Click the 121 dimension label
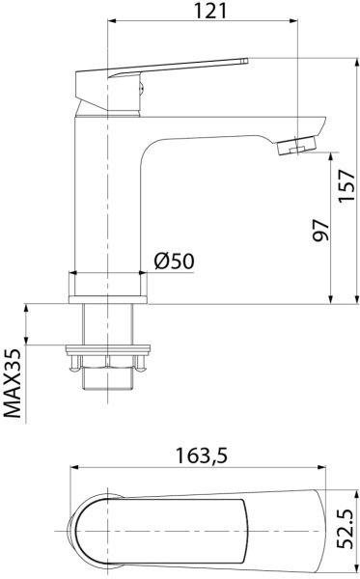209,11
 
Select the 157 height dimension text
347,185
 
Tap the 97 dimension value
320,231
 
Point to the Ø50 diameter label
175,262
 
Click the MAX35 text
13,383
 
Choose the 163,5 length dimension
201,455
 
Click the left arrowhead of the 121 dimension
110,21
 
